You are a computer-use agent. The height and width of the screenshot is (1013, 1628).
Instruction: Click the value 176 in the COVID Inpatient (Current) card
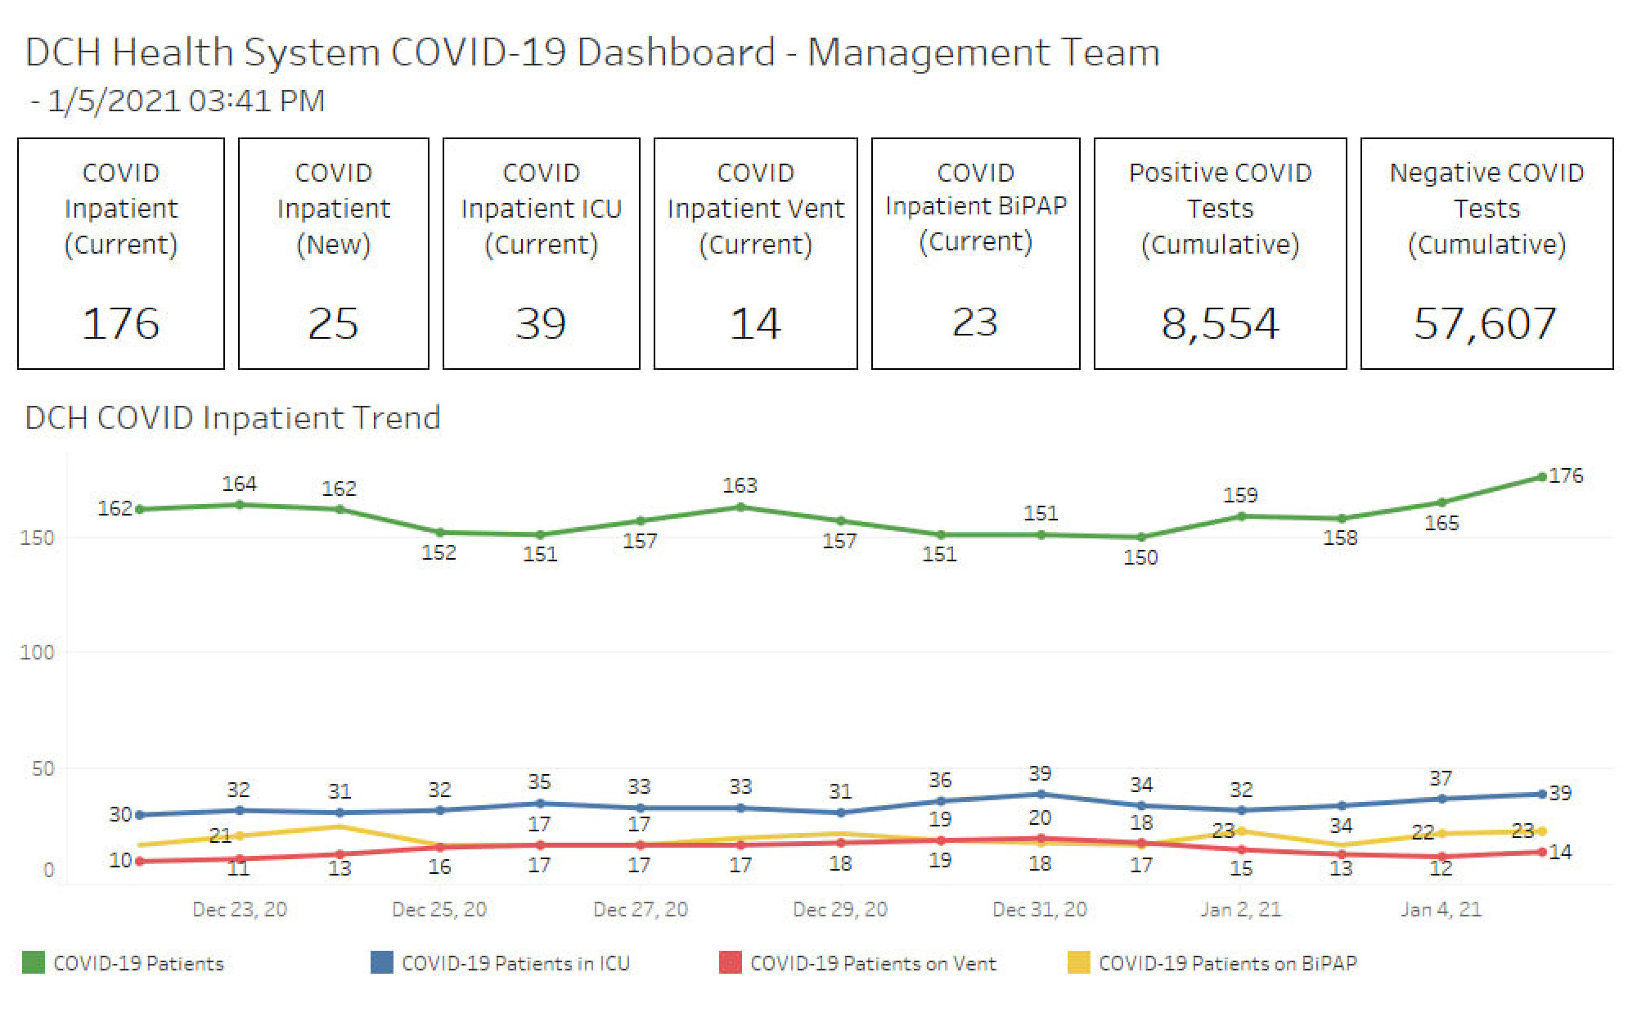click(120, 323)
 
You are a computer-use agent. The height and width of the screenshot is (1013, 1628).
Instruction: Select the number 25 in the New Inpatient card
click(333, 323)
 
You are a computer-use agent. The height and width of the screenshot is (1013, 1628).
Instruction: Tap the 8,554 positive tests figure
click(1220, 323)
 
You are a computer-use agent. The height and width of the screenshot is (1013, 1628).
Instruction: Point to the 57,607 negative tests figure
click(1485, 323)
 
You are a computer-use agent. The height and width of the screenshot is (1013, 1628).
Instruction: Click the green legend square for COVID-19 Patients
click(34, 962)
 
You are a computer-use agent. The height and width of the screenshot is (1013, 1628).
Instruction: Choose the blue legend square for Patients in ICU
click(381, 962)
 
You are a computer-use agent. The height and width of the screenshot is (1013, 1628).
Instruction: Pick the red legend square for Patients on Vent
click(730, 962)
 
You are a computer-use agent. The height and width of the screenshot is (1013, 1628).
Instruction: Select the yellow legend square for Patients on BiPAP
click(1078, 962)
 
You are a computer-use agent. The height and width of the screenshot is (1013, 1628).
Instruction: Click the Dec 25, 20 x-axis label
click(439, 909)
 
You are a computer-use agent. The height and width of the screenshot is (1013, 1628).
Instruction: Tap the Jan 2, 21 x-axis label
click(1240, 909)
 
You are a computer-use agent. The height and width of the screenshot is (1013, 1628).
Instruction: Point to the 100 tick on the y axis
click(37, 652)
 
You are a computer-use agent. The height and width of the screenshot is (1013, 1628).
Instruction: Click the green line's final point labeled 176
click(1542, 477)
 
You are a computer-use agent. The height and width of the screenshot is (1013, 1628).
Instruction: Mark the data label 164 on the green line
click(240, 484)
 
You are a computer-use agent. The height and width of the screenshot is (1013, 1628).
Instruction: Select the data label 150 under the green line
click(1140, 557)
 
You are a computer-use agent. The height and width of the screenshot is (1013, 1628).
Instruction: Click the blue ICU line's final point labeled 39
click(1542, 794)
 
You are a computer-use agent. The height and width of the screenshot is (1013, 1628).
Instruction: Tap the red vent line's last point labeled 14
click(1542, 852)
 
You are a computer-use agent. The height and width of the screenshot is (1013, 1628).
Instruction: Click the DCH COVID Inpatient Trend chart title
click(233, 418)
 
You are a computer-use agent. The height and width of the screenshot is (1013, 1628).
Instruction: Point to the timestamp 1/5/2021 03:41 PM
click(186, 101)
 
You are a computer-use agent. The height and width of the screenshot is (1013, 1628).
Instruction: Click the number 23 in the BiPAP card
click(975, 322)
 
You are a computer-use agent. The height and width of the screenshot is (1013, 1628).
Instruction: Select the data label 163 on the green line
click(740, 485)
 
